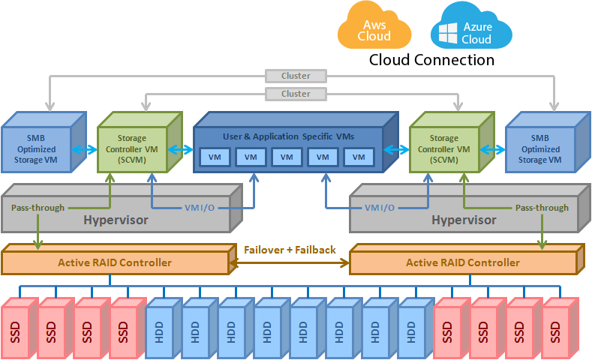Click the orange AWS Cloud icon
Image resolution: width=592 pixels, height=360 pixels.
(x=374, y=28)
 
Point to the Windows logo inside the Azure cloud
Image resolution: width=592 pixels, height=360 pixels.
(x=448, y=33)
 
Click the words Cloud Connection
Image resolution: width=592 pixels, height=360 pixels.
(x=431, y=60)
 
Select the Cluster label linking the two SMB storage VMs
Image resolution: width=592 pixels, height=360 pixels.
(x=296, y=76)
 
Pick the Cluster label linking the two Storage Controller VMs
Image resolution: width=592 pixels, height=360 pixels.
(x=296, y=94)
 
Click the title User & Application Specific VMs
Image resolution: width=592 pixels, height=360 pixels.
(x=288, y=136)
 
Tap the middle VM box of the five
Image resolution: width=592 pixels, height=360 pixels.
(x=287, y=157)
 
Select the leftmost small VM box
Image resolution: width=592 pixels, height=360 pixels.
(x=215, y=157)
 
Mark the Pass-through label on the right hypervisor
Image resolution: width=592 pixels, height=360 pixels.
(x=542, y=207)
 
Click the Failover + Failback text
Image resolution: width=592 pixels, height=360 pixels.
(x=290, y=250)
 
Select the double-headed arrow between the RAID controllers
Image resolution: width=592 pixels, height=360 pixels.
(x=290, y=262)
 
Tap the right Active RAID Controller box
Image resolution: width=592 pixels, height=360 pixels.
(x=462, y=262)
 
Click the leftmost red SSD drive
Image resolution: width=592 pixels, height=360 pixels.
(x=17, y=328)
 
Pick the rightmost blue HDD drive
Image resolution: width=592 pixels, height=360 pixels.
(x=413, y=328)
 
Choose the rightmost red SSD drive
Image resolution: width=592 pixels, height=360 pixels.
(x=557, y=328)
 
